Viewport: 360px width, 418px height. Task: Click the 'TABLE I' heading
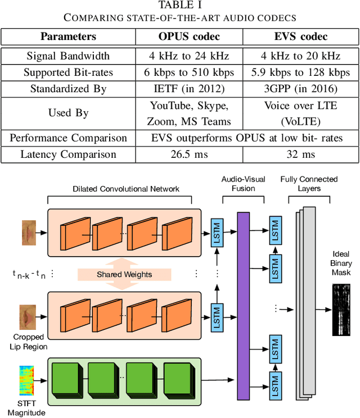pos(179,6)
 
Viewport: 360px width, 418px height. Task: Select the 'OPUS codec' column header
pos(188,37)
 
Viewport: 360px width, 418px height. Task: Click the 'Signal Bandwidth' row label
pos(68,56)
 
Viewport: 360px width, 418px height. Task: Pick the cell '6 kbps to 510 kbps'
pos(188,72)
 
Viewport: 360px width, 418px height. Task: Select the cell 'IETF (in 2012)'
pos(188,89)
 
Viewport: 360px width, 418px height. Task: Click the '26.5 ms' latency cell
pos(188,155)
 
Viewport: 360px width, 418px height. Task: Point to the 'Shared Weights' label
pos(125,274)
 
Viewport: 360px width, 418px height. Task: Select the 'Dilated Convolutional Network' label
pos(126,189)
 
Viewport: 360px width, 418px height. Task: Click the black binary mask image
pos(341,310)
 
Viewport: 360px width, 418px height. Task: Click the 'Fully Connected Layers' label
pos(309,184)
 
